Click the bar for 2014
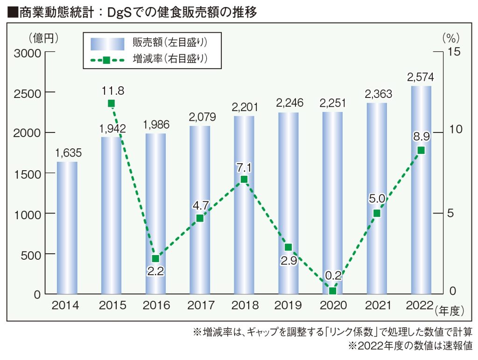tap(67, 228)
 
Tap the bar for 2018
tap(244, 205)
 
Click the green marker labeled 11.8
tap(111, 104)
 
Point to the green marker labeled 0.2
tap(332, 291)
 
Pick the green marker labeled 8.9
tap(421, 150)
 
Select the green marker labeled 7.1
tap(244, 180)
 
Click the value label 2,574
tap(421, 77)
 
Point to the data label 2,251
tap(333, 103)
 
